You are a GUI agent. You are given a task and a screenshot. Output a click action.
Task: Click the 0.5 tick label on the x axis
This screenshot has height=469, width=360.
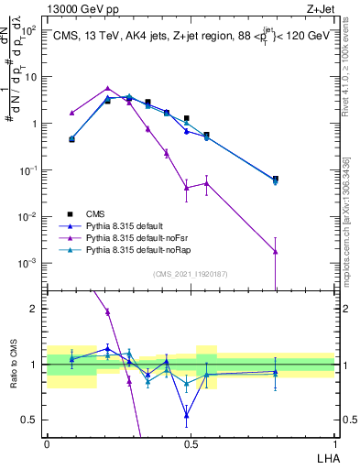[191, 442]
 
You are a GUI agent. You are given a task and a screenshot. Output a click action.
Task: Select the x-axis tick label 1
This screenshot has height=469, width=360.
[334, 442]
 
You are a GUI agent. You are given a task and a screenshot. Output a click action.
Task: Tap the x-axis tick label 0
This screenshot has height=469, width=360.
[47, 442]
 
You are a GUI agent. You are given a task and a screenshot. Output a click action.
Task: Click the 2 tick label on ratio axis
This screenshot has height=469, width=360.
[34, 309]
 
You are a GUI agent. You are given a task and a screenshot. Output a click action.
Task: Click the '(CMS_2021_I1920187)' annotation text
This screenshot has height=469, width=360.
[191, 274]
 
